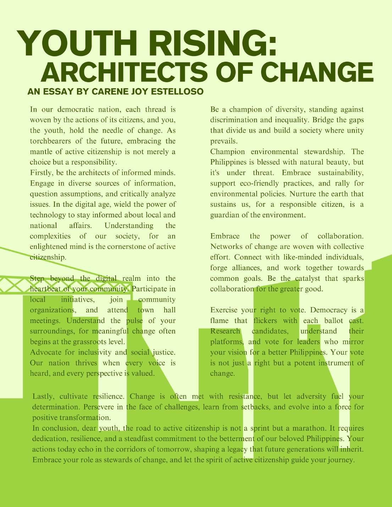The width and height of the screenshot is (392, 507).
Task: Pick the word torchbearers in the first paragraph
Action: pyautogui.click(x=50, y=141)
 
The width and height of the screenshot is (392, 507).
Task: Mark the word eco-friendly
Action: pyautogui.click(x=252, y=183)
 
